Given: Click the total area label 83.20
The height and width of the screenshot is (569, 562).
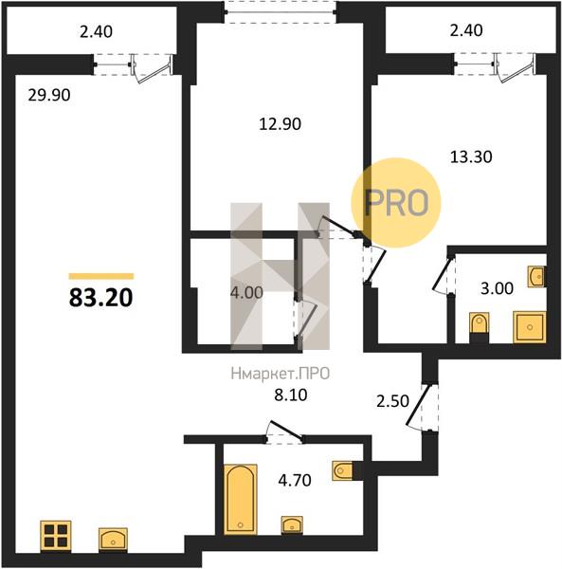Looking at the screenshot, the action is (x=100, y=298).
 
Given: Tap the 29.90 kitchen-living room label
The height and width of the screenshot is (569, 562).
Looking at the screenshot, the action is (x=49, y=96).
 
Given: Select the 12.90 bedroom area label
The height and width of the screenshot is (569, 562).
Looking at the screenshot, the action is (x=280, y=124).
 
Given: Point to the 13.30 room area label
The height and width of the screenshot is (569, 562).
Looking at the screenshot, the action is (x=471, y=156).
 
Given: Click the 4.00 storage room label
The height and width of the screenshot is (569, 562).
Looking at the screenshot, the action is (x=246, y=292).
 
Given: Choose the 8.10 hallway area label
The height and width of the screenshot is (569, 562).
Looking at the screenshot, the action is (x=291, y=395).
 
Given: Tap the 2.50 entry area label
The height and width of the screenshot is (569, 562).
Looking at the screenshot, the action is (x=392, y=401).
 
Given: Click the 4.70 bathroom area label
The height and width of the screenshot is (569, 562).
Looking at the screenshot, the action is (x=295, y=480).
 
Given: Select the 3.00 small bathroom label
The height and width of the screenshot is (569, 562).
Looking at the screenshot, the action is (x=497, y=288).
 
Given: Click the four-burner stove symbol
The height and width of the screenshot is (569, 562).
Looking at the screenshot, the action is (x=56, y=536).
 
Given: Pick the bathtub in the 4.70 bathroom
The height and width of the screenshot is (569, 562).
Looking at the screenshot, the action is (x=241, y=500).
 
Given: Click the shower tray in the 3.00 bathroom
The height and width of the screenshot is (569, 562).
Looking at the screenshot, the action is (x=530, y=326).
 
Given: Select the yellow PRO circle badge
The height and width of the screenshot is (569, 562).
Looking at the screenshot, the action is (x=396, y=203).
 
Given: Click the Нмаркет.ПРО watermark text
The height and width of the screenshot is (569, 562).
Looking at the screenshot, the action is (x=281, y=374).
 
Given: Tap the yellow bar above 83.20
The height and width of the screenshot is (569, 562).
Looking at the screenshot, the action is (x=101, y=277).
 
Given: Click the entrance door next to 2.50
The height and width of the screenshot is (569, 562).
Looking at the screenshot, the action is (x=422, y=407).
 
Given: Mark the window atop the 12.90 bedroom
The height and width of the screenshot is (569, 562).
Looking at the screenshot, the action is (x=280, y=11).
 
